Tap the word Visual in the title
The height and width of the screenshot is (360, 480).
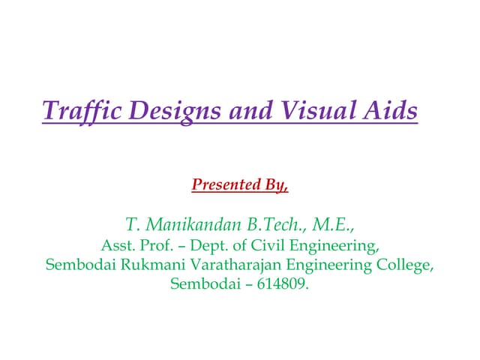(x=319, y=112)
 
